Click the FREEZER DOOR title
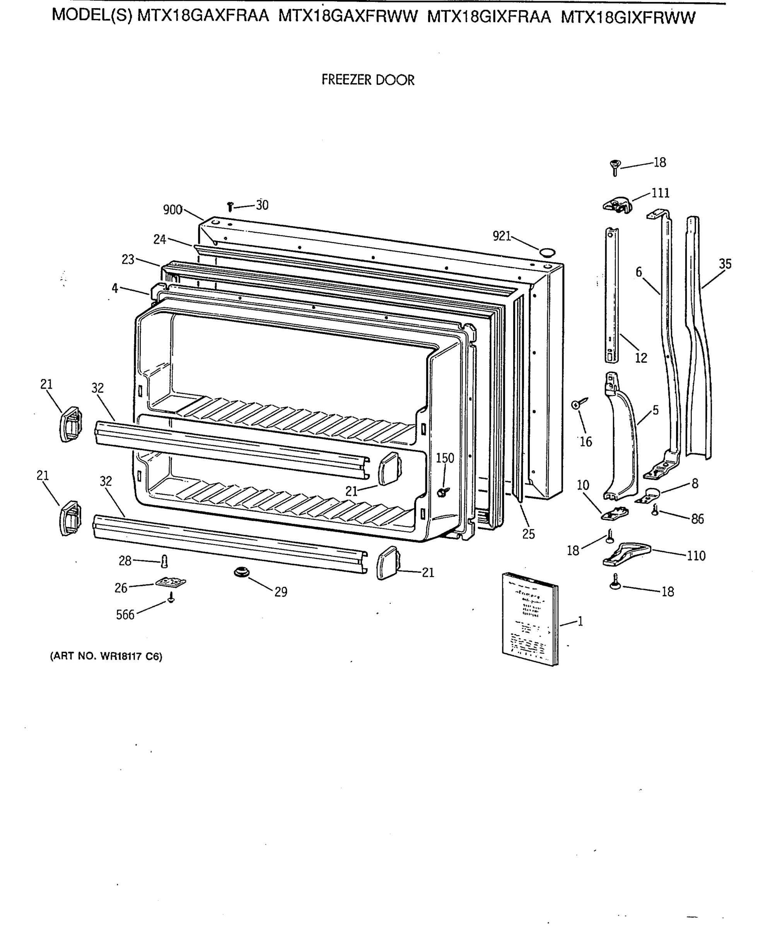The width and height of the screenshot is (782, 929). click(x=367, y=80)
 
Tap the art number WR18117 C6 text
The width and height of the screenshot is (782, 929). click(x=106, y=656)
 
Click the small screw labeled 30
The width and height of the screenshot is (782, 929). click(x=230, y=206)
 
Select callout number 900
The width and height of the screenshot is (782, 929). click(x=172, y=210)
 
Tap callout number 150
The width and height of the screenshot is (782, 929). click(x=445, y=458)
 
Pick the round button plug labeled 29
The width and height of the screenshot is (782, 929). click(x=242, y=572)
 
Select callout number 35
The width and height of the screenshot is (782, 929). click(x=725, y=264)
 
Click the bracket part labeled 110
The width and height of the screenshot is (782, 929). click(x=626, y=554)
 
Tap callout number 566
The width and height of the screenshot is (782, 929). click(x=125, y=615)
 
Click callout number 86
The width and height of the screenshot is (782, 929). click(x=697, y=519)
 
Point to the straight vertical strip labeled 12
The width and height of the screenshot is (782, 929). click(x=612, y=295)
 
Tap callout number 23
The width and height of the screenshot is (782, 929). click(x=128, y=259)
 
